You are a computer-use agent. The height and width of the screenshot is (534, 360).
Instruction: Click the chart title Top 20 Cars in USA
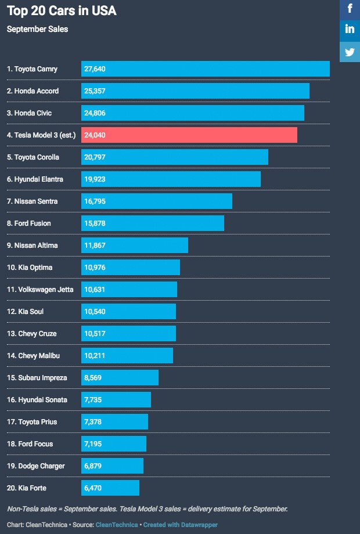click(x=62, y=10)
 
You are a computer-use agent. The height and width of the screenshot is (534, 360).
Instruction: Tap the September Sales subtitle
click(x=37, y=29)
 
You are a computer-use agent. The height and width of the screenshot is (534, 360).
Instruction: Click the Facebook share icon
click(x=350, y=9)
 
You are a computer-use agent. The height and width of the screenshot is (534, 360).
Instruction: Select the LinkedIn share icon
click(x=350, y=30)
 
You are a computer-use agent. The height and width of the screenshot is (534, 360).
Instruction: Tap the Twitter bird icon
click(x=350, y=52)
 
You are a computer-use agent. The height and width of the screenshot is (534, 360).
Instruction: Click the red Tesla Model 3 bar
click(x=189, y=135)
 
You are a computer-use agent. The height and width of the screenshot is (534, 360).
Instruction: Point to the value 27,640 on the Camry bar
click(x=95, y=69)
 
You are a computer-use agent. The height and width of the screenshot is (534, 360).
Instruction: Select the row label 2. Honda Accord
click(x=33, y=91)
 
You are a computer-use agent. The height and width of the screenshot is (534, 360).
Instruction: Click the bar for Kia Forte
click(x=110, y=488)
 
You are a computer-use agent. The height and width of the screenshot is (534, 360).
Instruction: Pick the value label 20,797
click(x=95, y=157)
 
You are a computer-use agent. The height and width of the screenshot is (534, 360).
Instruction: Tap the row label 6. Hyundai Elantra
click(x=35, y=179)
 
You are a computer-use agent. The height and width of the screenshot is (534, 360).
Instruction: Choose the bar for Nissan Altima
click(x=135, y=246)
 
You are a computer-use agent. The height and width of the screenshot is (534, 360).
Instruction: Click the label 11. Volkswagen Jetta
click(x=40, y=290)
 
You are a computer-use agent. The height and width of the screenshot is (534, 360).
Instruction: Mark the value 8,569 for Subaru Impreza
click(x=93, y=378)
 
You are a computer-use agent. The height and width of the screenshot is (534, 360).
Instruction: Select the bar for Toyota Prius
click(x=114, y=422)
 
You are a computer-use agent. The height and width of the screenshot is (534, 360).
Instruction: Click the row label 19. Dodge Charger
click(x=36, y=466)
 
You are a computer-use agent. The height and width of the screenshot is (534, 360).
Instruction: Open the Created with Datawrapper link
click(x=181, y=525)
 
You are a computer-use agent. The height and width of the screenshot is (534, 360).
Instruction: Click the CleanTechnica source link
click(x=117, y=525)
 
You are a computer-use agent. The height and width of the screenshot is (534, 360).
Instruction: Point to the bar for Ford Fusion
click(x=152, y=223)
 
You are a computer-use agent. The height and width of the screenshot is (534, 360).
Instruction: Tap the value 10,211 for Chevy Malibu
click(x=95, y=356)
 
